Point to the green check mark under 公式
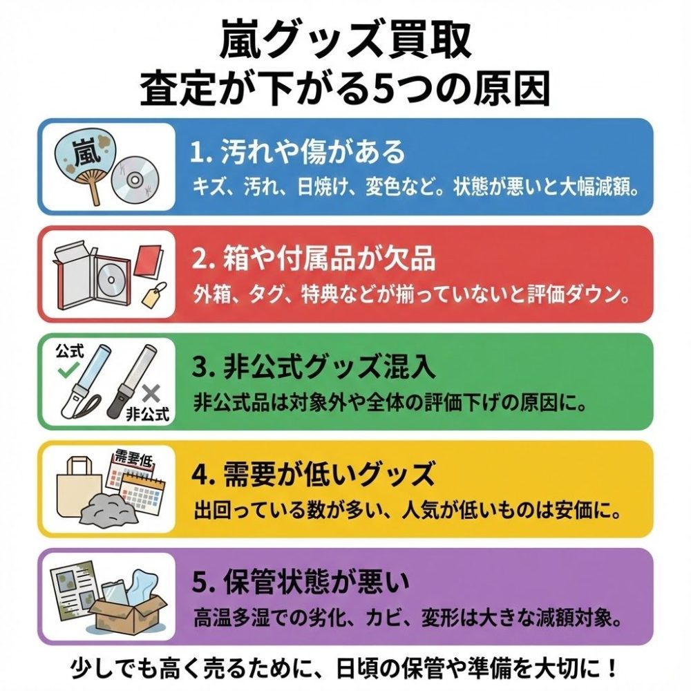click(68, 372)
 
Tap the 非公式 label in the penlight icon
click(147, 415)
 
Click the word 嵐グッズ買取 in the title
click(345, 40)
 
